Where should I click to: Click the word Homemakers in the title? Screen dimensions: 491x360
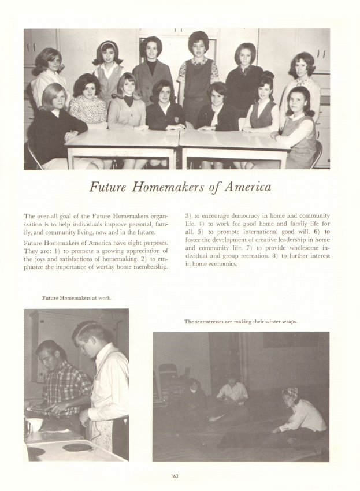(x=163, y=188)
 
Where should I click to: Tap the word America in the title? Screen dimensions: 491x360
(x=245, y=188)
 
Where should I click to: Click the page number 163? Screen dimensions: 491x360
(x=174, y=475)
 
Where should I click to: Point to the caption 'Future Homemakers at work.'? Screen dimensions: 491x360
(x=77, y=298)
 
